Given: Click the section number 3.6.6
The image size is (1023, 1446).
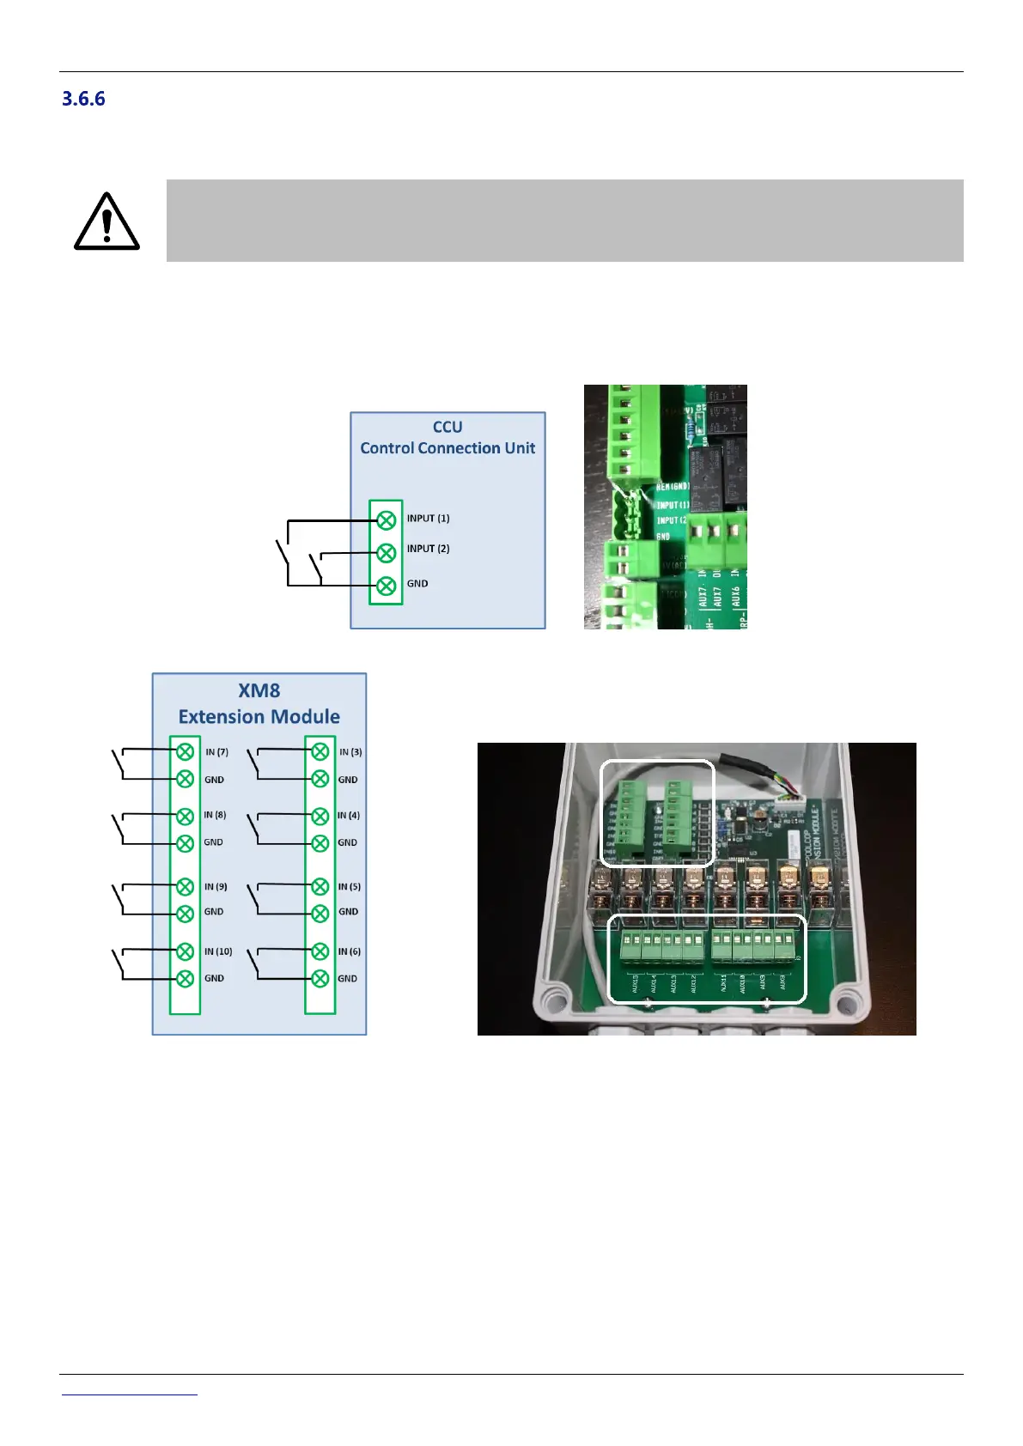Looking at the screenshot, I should point(83,99).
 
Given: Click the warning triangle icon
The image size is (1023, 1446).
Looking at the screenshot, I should point(107,222).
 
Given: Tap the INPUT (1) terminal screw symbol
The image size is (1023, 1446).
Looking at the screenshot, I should point(387,519).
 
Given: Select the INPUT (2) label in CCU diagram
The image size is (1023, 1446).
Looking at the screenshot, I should point(428,549).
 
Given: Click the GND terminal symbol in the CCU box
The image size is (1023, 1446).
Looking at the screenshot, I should point(387,586).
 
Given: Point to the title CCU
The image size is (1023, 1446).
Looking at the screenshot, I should point(448,427).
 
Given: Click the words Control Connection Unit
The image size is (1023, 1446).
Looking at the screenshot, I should point(448,448).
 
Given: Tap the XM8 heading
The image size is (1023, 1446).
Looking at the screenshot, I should point(259,690).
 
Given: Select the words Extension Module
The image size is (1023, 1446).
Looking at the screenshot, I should point(259,717).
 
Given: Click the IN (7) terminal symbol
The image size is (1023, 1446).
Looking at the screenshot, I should point(185,752).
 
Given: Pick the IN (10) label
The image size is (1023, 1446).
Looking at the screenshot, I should point(218,951).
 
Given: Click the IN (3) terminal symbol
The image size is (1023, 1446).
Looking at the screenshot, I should point(320,752).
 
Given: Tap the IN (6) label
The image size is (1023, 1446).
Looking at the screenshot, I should point(350,951).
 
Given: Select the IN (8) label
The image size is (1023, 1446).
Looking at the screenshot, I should point(215,815).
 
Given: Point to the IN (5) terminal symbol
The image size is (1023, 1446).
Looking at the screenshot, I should point(320,886).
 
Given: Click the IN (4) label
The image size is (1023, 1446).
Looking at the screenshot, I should point(349,815).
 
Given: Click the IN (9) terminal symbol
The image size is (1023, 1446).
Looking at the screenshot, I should point(185,886).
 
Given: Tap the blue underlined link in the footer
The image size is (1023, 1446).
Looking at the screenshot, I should point(130,1393).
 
